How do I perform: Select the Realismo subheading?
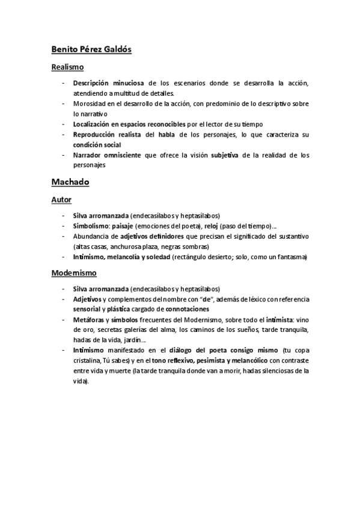point(67,67)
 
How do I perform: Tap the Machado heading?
point(70,180)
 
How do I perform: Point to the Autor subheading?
point(61,198)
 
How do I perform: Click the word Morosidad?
point(89,103)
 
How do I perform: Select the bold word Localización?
point(93,124)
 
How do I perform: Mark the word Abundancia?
point(91,236)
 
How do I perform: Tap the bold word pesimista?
point(218,360)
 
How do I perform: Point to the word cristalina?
point(88,360)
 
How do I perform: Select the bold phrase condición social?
point(96,144)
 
